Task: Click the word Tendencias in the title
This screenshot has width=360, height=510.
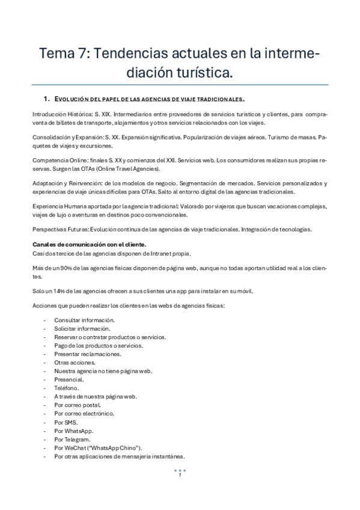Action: coord(130,54)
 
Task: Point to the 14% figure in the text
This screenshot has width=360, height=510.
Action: coord(56,292)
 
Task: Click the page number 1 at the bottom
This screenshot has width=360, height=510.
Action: coord(180,475)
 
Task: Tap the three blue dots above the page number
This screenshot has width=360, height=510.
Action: coord(180,470)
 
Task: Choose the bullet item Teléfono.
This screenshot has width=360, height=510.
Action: coord(66,389)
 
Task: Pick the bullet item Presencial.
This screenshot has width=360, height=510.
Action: coord(69,380)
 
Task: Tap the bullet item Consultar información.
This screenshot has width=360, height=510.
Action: coord(84,321)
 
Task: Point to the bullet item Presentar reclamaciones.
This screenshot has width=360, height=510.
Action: coord(88,354)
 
